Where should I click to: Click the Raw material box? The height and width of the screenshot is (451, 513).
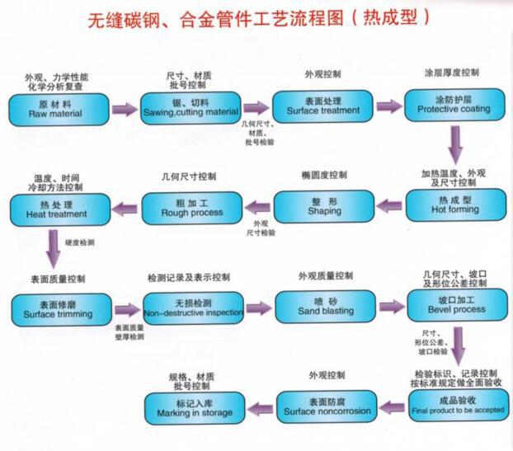(60, 109)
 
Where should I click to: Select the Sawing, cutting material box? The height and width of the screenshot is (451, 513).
(191, 108)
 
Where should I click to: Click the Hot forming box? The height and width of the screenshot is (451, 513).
(454, 206)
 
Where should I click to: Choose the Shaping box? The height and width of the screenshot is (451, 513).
(322, 207)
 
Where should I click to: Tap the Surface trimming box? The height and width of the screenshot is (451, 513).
(60, 309)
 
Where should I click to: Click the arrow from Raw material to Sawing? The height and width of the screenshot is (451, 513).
(125, 109)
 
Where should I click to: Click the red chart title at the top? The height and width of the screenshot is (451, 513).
(257, 18)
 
